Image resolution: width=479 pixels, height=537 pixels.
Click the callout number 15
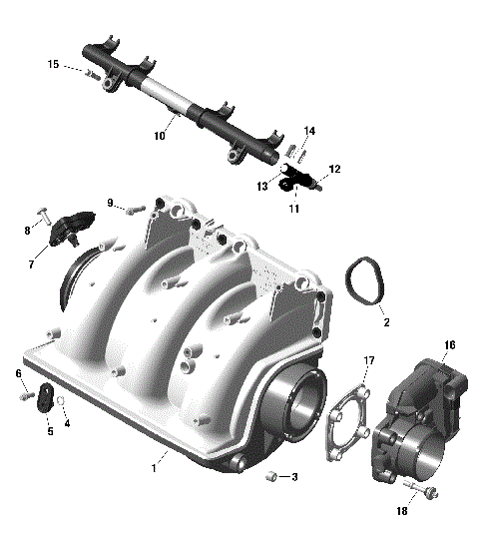click(x=53, y=65)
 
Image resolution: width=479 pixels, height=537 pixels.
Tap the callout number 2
click(x=385, y=323)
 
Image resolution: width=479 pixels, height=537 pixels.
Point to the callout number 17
click(x=368, y=360)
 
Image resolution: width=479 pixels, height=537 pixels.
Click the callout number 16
click(x=450, y=345)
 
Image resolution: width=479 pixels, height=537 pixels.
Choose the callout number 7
click(x=32, y=265)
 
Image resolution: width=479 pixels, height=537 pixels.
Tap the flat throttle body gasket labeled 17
click(x=349, y=429)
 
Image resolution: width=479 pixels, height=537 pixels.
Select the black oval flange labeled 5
click(x=46, y=399)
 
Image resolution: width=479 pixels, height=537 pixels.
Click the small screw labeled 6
click(x=23, y=396)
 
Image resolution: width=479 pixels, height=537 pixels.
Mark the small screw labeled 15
click(x=90, y=73)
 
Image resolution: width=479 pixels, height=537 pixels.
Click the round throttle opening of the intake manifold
click(x=302, y=405)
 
